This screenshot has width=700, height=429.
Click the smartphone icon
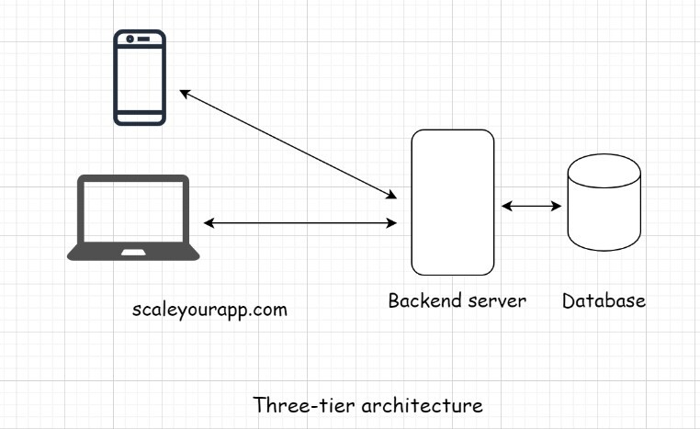click(x=140, y=77)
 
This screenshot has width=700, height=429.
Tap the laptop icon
click(x=133, y=219)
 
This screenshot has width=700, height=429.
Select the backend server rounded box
click(x=452, y=202)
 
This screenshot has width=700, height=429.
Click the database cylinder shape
click(x=604, y=204)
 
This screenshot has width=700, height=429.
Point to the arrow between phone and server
click(x=288, y=143)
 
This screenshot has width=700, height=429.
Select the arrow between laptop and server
click(x=300, y=223)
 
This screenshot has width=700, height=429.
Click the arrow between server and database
click(x=532, y=206)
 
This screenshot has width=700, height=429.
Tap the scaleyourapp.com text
click(x=210, y=310)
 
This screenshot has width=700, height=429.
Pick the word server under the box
click(x=496, y=300)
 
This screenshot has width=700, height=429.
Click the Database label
click(x=604, y=300)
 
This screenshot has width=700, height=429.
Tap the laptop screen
click(x=133, y=210)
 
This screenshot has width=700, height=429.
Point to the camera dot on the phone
click(x=130, y=39)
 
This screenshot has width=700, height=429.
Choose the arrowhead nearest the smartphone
click(x=185, y=93)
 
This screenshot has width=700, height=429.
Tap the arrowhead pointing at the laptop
click(x=209, y=223)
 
